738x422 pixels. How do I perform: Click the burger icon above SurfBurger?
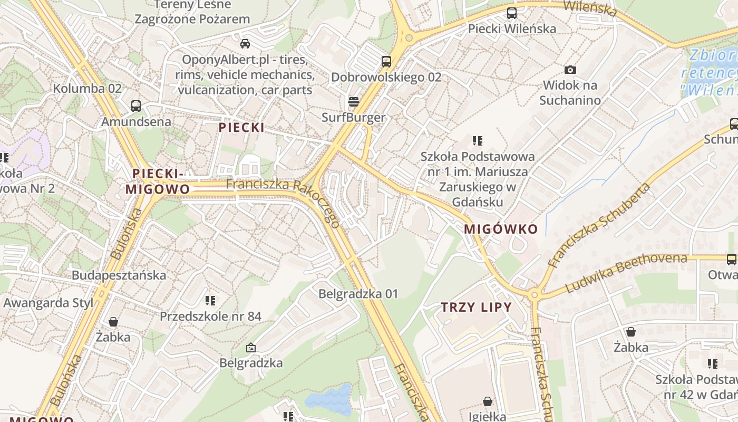point(353,101)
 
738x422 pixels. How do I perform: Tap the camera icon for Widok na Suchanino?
point(570,70)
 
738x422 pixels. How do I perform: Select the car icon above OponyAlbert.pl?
point(245,43)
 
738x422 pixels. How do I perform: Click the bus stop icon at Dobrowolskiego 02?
point(386,61)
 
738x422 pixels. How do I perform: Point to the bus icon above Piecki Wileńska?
point(511,13)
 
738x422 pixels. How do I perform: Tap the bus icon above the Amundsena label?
point(136,105)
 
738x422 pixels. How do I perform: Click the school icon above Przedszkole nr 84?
point(210,301)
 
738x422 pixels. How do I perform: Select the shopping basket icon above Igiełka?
point(488,401)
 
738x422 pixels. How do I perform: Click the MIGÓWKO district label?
point(501,229)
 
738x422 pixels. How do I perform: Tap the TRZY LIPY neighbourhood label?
point(477,307)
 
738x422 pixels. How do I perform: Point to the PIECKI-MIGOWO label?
point(158,181)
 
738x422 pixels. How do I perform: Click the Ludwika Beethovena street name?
point(626,273)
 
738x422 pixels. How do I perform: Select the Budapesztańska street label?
point(119,275)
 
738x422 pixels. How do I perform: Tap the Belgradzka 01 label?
point(358,293)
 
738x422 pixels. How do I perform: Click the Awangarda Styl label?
point(48,303)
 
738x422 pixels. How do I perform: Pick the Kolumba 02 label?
point(87,88)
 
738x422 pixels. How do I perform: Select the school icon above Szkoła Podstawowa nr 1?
point(477,141)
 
